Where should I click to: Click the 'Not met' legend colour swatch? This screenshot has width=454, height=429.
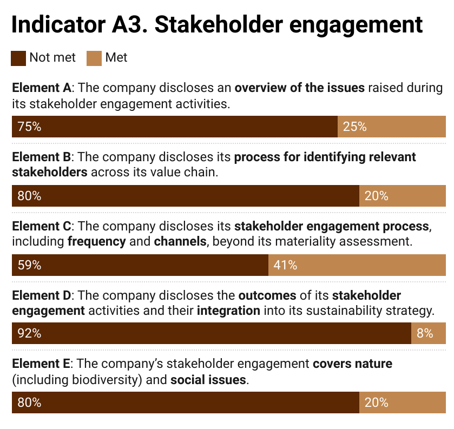click(x=18, y=58)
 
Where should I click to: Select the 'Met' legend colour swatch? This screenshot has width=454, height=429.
click(x=94, y=58)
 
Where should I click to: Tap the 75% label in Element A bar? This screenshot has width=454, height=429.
click(x=29, y=127)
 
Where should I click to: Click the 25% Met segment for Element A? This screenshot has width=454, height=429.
click(x=391, y=127)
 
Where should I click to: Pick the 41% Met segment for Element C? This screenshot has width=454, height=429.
click(x=357, y=265)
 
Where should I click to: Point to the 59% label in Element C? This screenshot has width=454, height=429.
click(x=29, y=265)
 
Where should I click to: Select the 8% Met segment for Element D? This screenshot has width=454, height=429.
click(x=428, y=333)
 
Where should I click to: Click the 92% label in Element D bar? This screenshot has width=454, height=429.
click(x=29, y=333)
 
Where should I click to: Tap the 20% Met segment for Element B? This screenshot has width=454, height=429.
click(x=402, y=196)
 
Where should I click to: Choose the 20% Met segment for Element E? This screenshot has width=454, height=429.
click(x=402, y=402)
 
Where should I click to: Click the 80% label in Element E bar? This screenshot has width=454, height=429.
click(x=29, y=402)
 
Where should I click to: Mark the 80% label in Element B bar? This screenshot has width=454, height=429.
click(x=29, y=196)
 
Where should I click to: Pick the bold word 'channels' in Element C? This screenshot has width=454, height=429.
click(x=180, y=241)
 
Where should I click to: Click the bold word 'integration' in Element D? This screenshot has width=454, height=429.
click(x=229, y=311)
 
